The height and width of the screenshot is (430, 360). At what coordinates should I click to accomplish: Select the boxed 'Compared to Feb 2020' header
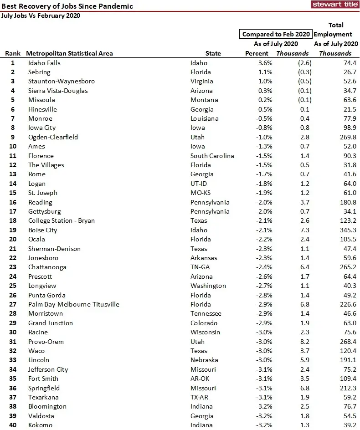click(276, 34)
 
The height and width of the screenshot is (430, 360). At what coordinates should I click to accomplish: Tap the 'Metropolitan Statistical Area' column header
click(69, 53)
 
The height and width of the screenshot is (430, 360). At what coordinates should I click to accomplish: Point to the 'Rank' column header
click(13, 53)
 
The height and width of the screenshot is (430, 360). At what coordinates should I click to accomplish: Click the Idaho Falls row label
click(44, 63)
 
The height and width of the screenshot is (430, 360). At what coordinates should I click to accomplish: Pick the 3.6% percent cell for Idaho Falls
click(265, 63)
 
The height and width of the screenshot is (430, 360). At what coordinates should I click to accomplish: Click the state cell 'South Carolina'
click(212, 156)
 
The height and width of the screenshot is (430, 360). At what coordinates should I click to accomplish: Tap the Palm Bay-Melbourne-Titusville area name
click(74, 304)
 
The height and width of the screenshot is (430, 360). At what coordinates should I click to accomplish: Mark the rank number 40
click(13, 425)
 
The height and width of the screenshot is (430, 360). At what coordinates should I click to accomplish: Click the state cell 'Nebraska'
click(204, 360)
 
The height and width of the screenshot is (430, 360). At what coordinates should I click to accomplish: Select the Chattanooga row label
click(47, 267)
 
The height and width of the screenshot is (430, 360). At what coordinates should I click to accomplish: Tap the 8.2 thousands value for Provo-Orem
click(304, 342)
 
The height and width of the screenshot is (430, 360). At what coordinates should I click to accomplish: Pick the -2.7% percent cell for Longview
click(264, 286)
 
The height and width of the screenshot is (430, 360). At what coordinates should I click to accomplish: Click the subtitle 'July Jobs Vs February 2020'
click(41, 15)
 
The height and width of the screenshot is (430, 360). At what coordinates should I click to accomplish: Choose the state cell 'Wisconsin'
click(206, 332)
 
